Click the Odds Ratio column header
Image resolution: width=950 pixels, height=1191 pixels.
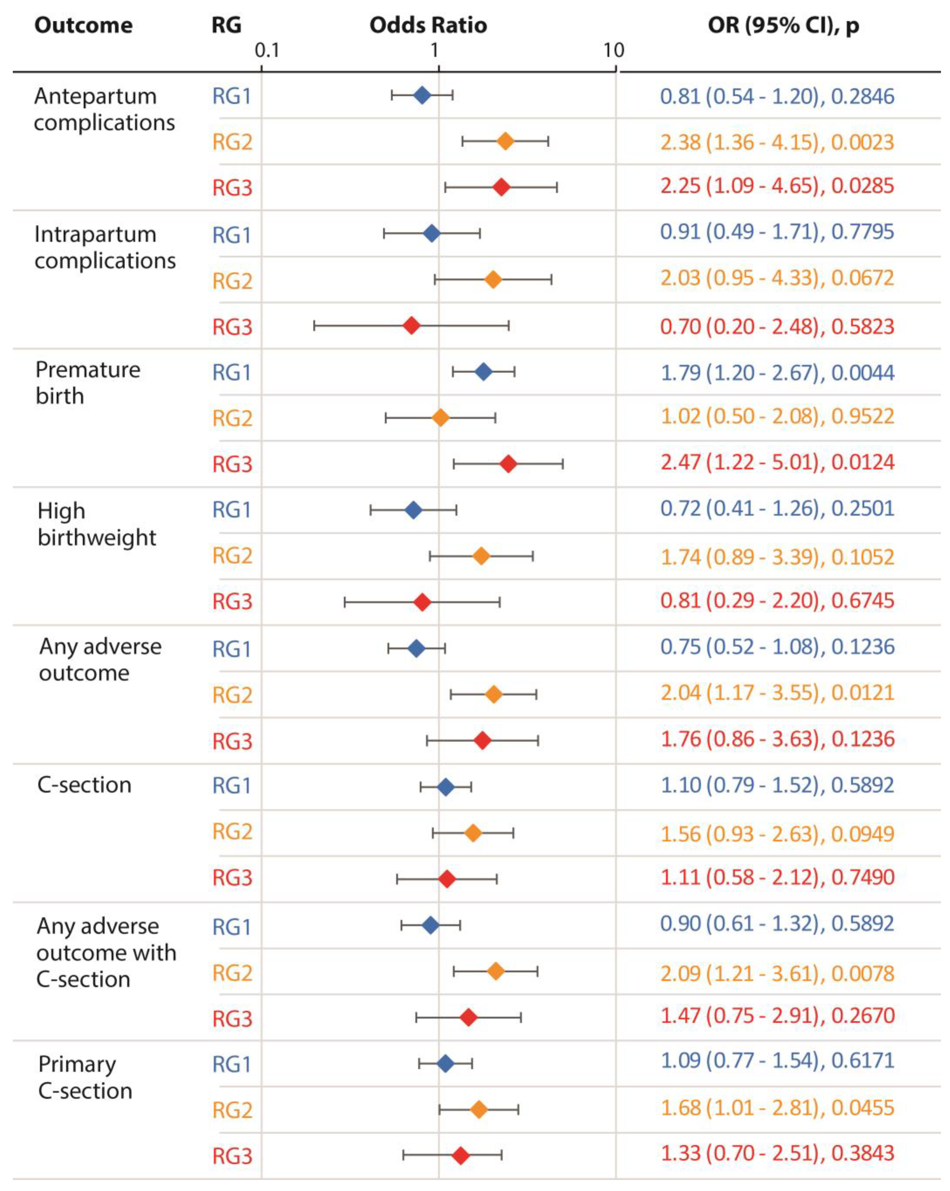pos(428,25)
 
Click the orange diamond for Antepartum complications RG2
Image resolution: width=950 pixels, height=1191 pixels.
pos(505,141)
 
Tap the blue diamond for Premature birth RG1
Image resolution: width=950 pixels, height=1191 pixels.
pos(483,372)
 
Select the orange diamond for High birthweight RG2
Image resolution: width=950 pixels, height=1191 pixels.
pos(481,556)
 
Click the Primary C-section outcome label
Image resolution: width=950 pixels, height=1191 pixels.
pos(85,1078)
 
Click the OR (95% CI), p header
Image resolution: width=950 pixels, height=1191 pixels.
pos(783,25)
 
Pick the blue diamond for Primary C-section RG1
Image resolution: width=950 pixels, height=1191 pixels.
pos(445,1063)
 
